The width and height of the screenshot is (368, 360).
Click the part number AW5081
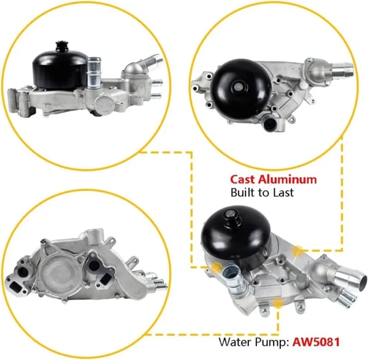(x=316, y=342)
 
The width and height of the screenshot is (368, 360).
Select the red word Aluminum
(x=287, y=180)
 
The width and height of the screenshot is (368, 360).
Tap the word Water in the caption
(x=236, y=342)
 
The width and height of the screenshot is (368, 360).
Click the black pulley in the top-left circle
(x=59, y=68)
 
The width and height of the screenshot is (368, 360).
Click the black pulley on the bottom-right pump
(x=236, y=237)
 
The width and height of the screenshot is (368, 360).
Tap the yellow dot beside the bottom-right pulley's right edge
(x=297, y=251)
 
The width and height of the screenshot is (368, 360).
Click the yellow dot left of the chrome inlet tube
(x=217, y=267)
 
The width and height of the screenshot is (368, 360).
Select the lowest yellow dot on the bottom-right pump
(x=278, y=303)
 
